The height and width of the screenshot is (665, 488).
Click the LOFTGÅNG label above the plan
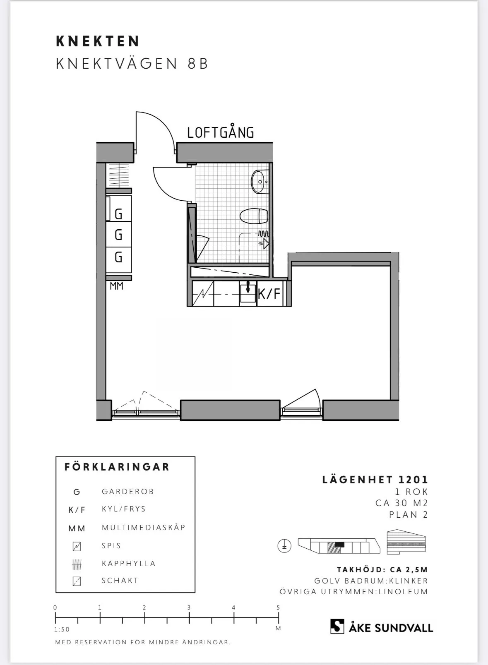(x=220, y=133)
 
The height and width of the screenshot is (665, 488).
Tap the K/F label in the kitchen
(x=269, y=294)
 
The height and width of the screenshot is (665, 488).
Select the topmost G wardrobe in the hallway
(x=118, y=214)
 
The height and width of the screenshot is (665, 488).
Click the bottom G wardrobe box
(x=118, y=257)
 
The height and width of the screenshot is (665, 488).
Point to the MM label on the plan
(x=116, y=286)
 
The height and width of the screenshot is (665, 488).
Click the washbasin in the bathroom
(x=260, y=181)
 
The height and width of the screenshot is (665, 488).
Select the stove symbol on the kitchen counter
(x=203, y=294)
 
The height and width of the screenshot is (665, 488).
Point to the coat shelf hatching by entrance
(x=119, y=175)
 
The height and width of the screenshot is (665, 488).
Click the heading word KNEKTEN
(x=98, y=41)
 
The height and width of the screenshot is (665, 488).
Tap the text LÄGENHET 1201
(x=375, y=480)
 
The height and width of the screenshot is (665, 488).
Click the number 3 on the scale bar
(x=189, y=607)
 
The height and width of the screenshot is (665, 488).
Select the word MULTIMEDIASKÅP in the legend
(x=144, y=528)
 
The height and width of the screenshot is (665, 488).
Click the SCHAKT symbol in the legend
(x=77, y=581)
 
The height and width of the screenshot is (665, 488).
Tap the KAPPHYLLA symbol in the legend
(x=77, y=564)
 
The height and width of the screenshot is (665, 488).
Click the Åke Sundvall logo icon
(x=337, y=626)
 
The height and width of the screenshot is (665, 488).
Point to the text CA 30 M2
(x=401, y=503)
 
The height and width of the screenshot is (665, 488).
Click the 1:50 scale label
(x=62, y=629)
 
